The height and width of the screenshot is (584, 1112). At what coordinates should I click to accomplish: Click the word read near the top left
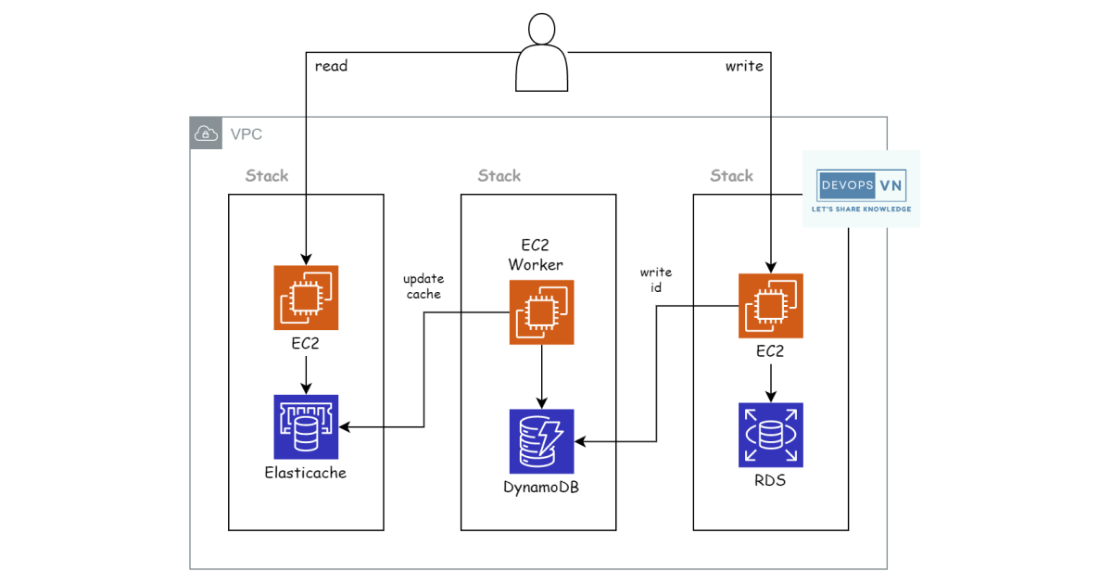(x=331, y=66)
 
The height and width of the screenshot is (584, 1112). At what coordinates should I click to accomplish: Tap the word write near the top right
(x=744, y=66)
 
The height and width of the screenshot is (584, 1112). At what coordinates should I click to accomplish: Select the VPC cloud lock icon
(x=206, y=133)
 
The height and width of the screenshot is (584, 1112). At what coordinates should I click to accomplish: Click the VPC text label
(x=246, y=134)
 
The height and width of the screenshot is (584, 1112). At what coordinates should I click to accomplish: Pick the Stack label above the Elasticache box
(x=267, y=175)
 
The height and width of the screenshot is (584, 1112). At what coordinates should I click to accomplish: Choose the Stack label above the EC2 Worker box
(x=499, y=175)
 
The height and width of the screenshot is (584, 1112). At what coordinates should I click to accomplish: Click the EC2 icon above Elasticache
(x=306, y=298)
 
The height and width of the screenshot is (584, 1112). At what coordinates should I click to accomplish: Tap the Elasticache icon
(x=306, y=427)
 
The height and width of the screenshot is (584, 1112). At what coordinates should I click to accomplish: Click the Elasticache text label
(x=306, y=474)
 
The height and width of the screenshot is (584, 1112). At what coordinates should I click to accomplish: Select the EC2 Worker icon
(x=541, y=312)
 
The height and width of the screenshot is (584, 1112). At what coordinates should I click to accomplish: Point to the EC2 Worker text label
(x=536, y=256)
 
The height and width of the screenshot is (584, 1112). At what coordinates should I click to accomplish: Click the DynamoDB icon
(x=541, y=441)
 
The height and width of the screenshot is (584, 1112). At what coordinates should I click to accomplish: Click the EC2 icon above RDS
(x=771, y=306)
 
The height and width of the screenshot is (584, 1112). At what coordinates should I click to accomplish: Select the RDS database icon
(x=771, y=435)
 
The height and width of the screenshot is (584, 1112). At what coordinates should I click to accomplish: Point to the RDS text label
(x=771, y=480)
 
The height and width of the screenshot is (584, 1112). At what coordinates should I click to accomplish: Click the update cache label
(x=423, y=286)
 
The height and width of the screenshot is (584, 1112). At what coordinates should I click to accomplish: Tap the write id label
(x=656, y=279)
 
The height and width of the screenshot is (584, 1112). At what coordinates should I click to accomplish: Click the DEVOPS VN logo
(x=861, y=189)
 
